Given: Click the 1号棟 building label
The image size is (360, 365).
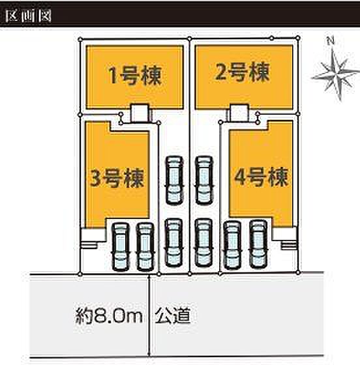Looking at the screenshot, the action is (135, 76).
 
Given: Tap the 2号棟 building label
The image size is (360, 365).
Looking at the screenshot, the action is (242, 72).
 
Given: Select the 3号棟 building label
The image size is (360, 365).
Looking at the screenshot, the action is (117, 178).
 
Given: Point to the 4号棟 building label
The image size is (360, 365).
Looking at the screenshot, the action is (262, 177).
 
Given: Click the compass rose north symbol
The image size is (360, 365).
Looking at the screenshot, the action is (336, 75).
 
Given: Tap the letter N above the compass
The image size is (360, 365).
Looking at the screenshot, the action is (331, 42).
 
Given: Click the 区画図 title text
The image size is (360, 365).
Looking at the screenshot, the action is (28, 16).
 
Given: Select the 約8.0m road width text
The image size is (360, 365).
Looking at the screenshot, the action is (109, 316).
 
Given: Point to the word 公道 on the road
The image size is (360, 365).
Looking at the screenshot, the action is (173, 315).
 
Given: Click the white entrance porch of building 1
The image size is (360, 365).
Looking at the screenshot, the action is (140, 113).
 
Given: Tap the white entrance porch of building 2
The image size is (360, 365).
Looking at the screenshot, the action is (239, 113).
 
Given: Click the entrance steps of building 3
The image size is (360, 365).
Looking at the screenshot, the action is (89, 245).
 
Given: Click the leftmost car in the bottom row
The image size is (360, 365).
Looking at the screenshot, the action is (121, 247).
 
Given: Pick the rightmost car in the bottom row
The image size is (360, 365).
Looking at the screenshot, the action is (258, 244).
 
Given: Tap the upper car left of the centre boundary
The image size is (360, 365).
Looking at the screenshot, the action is (174, 181).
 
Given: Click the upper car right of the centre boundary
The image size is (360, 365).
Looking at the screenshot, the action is (204, 181).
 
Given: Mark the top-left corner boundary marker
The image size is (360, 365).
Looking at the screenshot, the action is (80, 39).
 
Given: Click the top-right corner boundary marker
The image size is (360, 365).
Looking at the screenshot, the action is (298, 38).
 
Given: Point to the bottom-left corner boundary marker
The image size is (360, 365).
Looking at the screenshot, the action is (80, 274).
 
